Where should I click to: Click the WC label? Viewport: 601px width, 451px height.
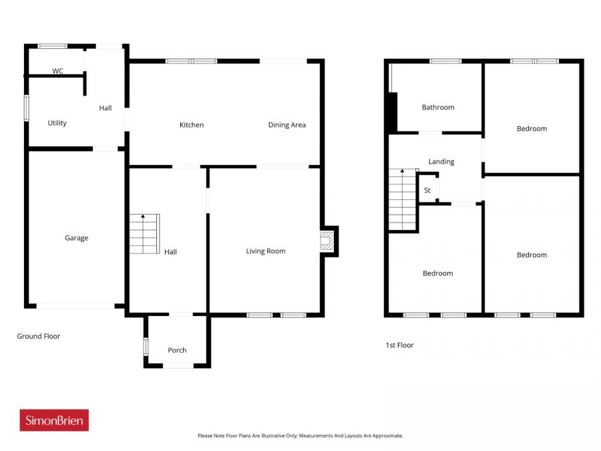(x=57, y=71)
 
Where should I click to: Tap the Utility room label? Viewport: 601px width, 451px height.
(x=57, y=123)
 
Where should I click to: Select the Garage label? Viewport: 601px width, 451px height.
(x=76, y=238)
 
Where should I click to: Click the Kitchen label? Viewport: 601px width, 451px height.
(x=192, y=125)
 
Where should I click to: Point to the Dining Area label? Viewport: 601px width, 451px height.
(x=287, y=125)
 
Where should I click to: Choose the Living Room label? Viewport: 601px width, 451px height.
(x=266, y=251)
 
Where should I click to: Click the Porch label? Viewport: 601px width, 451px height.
(x=177, y=350)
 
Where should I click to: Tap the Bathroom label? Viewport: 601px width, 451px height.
(x=438, y=107)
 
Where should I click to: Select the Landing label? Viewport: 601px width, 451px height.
(x=441, y=162)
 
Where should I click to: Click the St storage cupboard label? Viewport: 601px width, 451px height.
(x=427, y=190)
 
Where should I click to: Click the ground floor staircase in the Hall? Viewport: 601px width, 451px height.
(x=145, y=234)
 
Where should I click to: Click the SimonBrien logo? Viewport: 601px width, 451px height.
(x=54, y=420)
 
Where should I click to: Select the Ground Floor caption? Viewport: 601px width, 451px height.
(x=39, y=336)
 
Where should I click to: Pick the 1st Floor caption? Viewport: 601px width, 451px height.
(x=399, y=345)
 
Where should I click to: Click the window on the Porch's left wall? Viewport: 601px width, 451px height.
(x=146, y=347)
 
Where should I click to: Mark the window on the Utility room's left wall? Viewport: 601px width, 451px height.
(x=27, y=108)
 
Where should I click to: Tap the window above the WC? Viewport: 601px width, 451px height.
(x=52, y=46)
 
